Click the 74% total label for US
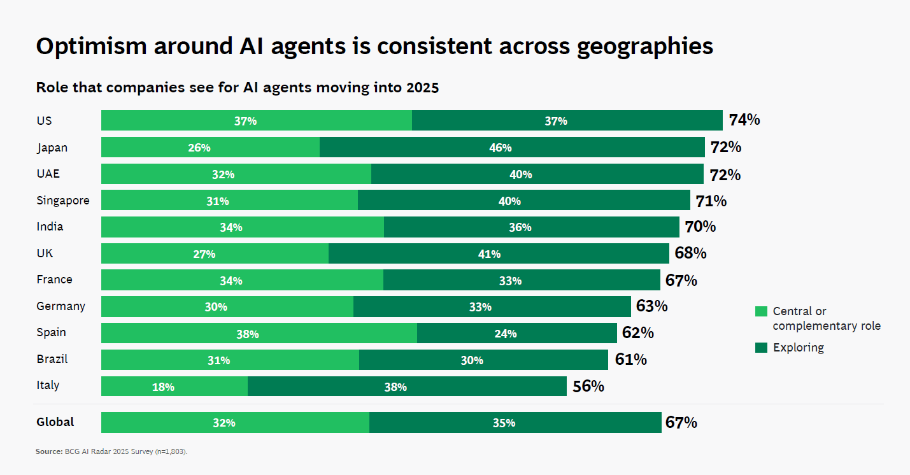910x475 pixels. pos(744,120)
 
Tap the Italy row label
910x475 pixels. pos(48,385)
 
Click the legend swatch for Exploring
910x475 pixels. pos(761,348)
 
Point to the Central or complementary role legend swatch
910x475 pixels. pos(761,311)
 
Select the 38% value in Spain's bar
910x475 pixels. pos(248,334)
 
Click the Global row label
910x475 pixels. pos(55,422)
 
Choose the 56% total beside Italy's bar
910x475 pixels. pos(588,386)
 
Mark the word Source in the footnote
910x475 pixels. pos(48,451)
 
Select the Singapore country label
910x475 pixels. pos(63,201)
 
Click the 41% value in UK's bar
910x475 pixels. pos(490,254)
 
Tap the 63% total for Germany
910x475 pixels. pos(651,306)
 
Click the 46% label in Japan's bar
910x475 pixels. pos(501,148)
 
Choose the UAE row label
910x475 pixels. pos(48,174)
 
